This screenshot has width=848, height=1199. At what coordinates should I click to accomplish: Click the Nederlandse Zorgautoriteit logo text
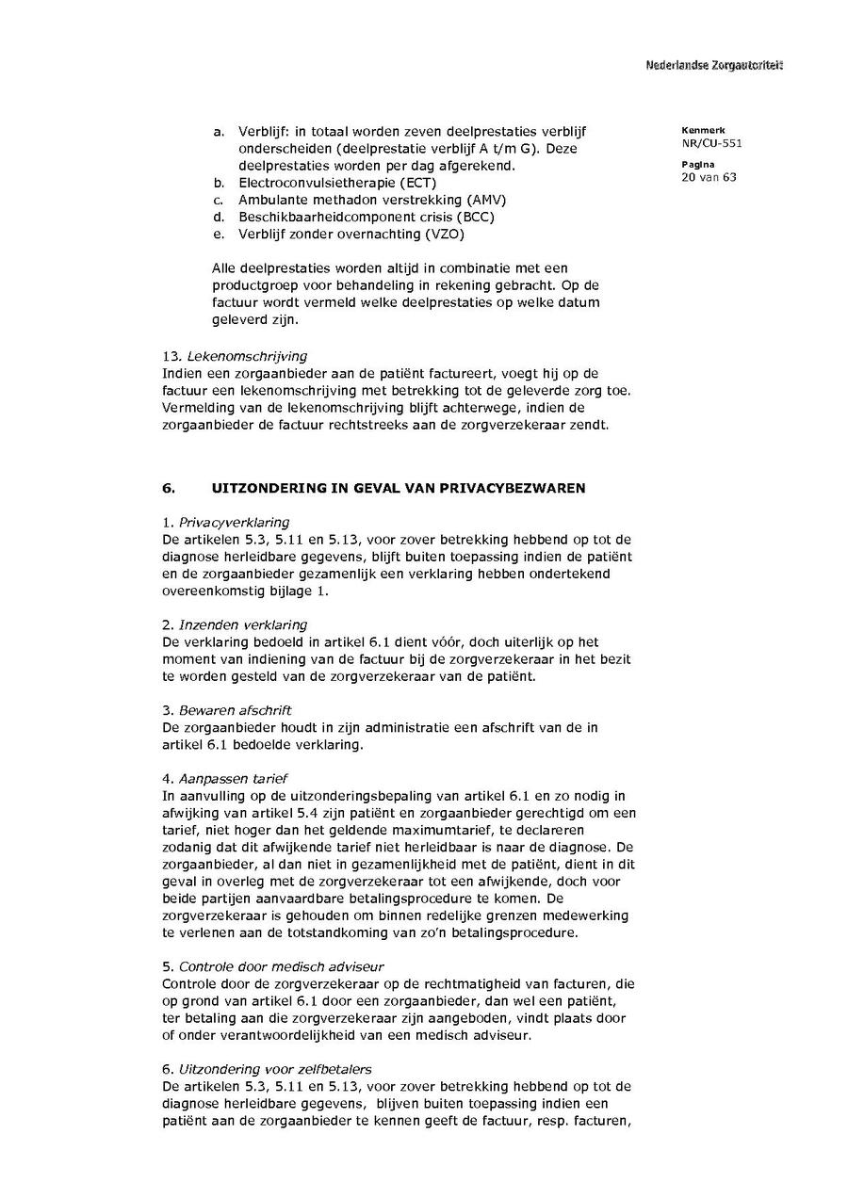[713, 65]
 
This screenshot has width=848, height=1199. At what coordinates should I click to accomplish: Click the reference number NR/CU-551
[711, 144]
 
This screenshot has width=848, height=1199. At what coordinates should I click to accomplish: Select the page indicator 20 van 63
[709, 177]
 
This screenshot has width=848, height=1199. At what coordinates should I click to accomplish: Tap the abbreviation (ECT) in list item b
[417, 183]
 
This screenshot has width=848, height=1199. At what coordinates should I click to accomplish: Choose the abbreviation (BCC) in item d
[474, 217]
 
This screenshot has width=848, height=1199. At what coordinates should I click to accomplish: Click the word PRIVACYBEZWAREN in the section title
[506, 488]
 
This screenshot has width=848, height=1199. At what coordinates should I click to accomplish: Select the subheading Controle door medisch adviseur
[281, 966]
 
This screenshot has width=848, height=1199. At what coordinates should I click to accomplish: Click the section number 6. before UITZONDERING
[170, 488]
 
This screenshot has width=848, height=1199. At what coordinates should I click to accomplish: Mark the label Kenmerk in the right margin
[703, 130]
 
